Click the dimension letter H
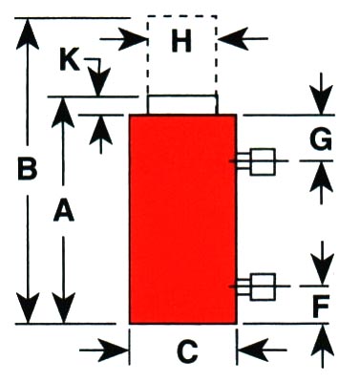click(181, 42)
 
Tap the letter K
click(70, 60)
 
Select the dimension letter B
click(28, 169)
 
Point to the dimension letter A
click(64, 209)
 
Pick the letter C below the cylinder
click(187, 351)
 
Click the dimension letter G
click(321, 139)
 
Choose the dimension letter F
click(321, 307)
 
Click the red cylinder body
click(182, 219)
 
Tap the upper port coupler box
click(263, 161)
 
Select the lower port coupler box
click(263, 286)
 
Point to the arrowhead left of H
click(132, 39)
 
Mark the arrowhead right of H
click(233, 39)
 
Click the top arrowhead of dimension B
click(28, 33)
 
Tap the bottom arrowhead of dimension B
click(28, 308)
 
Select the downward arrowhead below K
click(99, 82)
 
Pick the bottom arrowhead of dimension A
click(64, 308)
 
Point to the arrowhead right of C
click(253, 350)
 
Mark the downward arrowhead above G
click(321, 99)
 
